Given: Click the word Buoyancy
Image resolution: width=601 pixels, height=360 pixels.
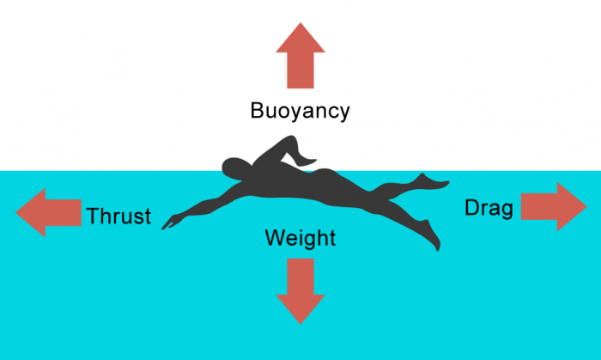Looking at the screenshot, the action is tap(300, 111).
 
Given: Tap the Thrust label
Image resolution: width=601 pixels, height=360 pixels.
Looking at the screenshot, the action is tap(118, 216).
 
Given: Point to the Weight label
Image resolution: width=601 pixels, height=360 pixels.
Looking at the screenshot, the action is tap(300, 238).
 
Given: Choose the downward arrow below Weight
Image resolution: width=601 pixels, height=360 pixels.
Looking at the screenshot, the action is tap(300, 290).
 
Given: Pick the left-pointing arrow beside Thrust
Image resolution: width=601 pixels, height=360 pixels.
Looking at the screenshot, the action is tap(48, 213).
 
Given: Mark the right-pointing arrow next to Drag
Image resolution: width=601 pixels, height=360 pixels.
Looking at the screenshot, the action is tap(554, 206).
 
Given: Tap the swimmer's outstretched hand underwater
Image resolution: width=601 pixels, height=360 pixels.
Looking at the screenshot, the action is tap(170, 223).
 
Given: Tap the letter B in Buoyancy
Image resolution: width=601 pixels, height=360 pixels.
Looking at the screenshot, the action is tap(257, 110).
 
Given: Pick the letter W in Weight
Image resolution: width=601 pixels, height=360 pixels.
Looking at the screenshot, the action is tap(274, 237).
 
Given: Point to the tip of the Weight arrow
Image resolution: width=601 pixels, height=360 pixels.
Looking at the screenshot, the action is tap(300, 322).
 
